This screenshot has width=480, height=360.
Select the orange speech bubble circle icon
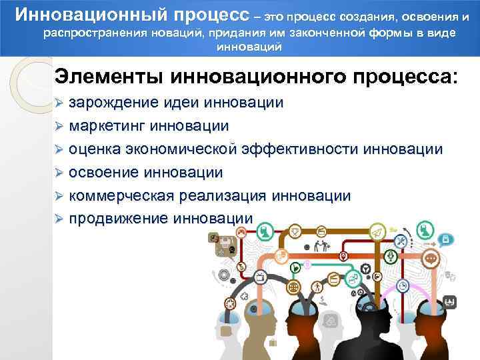pos(431,259)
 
